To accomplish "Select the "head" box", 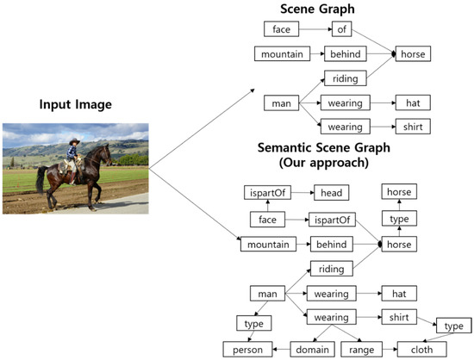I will point(332,194).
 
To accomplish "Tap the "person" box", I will point(244,350).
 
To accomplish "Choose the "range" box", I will point(361,350).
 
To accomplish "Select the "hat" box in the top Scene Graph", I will point(411,103).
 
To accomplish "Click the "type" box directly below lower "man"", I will point(254,323).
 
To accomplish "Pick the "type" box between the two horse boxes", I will point(399,220).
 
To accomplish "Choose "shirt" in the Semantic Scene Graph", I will point(399,317).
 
